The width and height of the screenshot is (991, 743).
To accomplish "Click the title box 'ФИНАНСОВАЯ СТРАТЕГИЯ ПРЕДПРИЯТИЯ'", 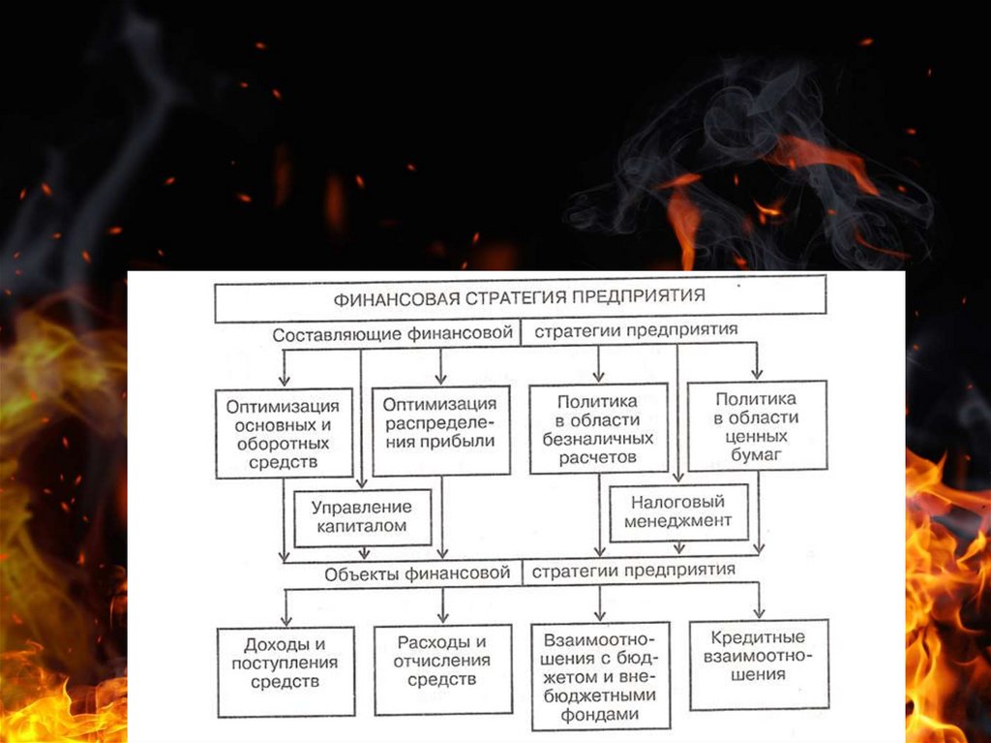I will click(x=520, y=298).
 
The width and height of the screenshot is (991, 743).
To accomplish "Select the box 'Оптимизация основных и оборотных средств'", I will click(x=283, y=433).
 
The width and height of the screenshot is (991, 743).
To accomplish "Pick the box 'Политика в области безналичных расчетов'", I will click(x=598, y=428).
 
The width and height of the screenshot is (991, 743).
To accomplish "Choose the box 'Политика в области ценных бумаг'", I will click(x=757, y=426).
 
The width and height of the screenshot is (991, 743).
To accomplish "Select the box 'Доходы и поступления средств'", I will click(x=285, y=671).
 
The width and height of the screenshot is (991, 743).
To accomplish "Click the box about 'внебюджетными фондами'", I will click(x=599, y=675).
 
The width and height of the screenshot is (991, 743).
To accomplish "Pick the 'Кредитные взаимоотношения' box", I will click(x=759, y=664).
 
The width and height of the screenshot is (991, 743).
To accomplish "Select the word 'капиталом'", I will click(x=361, y=528).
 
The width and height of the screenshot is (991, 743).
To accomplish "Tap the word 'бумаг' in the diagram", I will click(x=757, y=453).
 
